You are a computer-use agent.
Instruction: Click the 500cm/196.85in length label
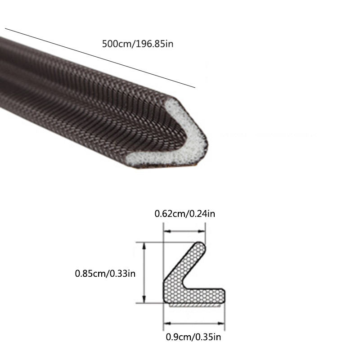point(138,44)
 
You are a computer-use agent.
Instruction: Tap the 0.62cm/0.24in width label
point(185,213)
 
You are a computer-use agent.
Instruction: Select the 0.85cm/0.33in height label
point(105,274)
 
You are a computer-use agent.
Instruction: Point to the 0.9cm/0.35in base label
point(193,337)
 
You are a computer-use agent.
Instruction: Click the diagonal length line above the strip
point(100,58)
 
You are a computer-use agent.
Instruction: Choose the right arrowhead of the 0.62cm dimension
point(201,231)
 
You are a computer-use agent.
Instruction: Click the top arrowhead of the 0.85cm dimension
point(144,247)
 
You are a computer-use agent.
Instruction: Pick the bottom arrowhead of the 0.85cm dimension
point(144,299)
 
